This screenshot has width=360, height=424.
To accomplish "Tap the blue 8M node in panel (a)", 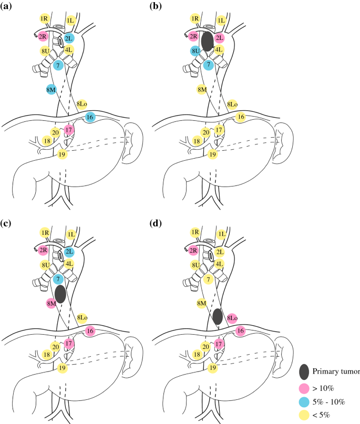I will tap(51, 90).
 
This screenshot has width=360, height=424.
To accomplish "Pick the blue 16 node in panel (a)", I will tap(90, 117).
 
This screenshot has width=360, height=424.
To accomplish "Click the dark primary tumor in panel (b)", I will tap(207, 42).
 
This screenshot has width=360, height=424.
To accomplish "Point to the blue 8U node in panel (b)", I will tap(196, 51).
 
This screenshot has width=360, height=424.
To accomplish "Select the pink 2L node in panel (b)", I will tap(219, 38).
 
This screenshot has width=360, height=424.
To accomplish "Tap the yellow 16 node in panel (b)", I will tap(241, 117).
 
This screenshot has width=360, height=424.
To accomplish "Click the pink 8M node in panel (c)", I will tap(51, 303).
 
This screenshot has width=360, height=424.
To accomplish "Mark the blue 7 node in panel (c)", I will tap(58, 278).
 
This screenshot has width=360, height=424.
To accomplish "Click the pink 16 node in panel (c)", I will tap(90, 330).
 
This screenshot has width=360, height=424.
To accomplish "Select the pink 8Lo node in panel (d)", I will tap(232, 318).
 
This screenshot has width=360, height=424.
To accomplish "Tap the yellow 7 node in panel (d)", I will tap(209, 278).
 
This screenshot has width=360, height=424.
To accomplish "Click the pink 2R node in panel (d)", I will tap(194, 251).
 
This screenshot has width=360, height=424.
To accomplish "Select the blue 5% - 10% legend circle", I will tap(304, 402).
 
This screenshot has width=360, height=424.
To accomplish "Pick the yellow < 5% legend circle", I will tap(304, 416).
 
